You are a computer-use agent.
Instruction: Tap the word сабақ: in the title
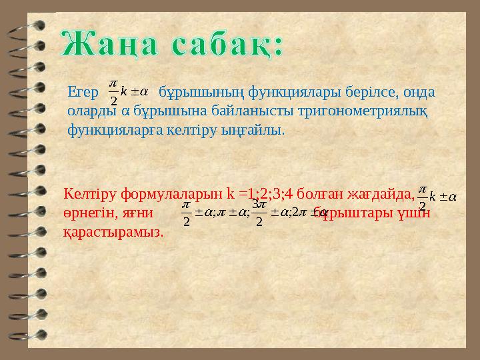(226, 45)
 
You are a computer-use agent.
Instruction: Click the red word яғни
(138, 213)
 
